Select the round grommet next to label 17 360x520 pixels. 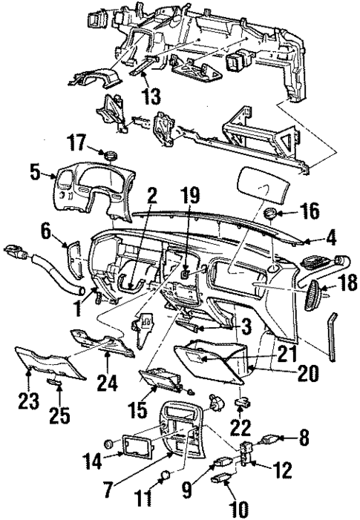point(112,155)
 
